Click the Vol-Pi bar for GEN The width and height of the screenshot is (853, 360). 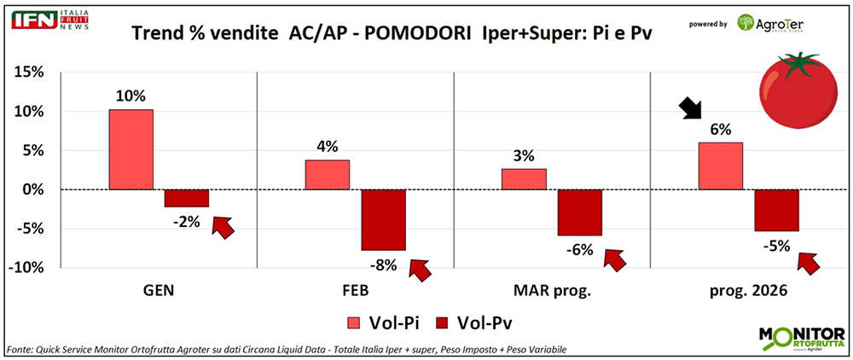pyautogui.click(x=131, y=149)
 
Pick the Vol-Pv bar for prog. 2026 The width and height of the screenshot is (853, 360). pyautogui.click(x=776, y=210)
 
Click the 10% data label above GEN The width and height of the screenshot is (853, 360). pyautogui.click(x=131, y=94)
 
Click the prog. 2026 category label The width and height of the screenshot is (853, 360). pyautogui.click(x=748, y=292)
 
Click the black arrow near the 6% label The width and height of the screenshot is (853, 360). pyautogui.click(x=692, y=109)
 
